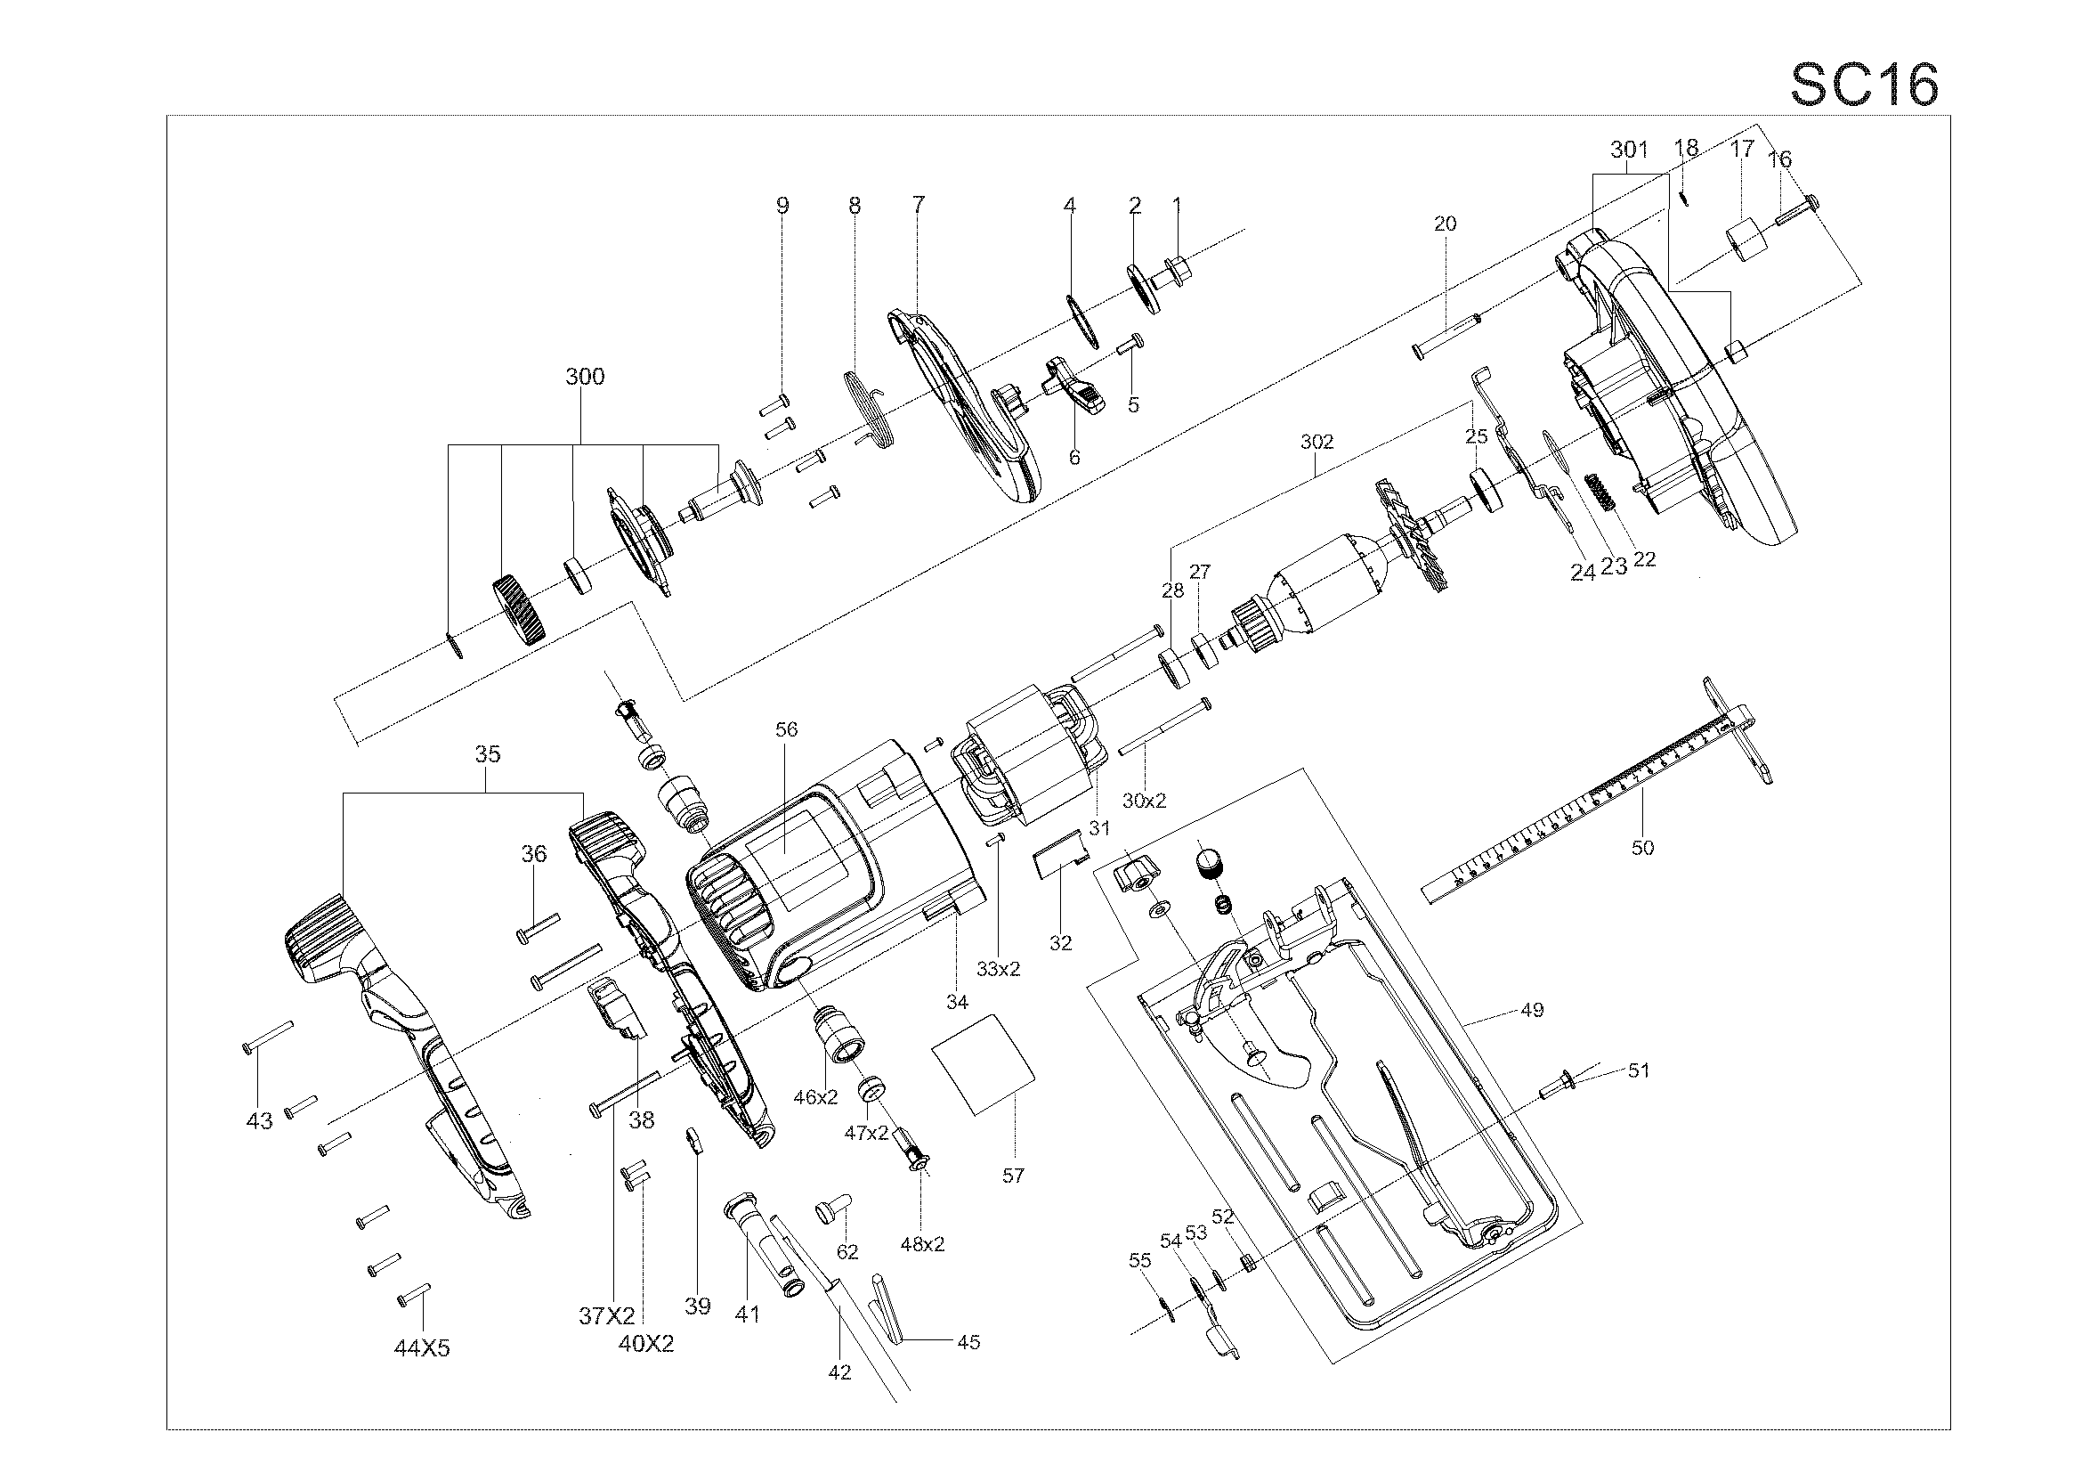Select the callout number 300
[x=585, y=377]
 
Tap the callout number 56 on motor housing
[x=786, y=729]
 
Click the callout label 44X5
[x=422, y=1348]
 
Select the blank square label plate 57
[x=984, y=1063]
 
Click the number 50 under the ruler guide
[x=1642, y=848]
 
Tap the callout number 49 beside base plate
[x=1532, y=1010]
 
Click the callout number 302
[x=1316, y=442]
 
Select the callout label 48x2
[x=922, y=1244]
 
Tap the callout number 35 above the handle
[x=488, y=753]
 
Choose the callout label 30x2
[x=1145, y=801]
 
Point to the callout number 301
[x=1629, y=150]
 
